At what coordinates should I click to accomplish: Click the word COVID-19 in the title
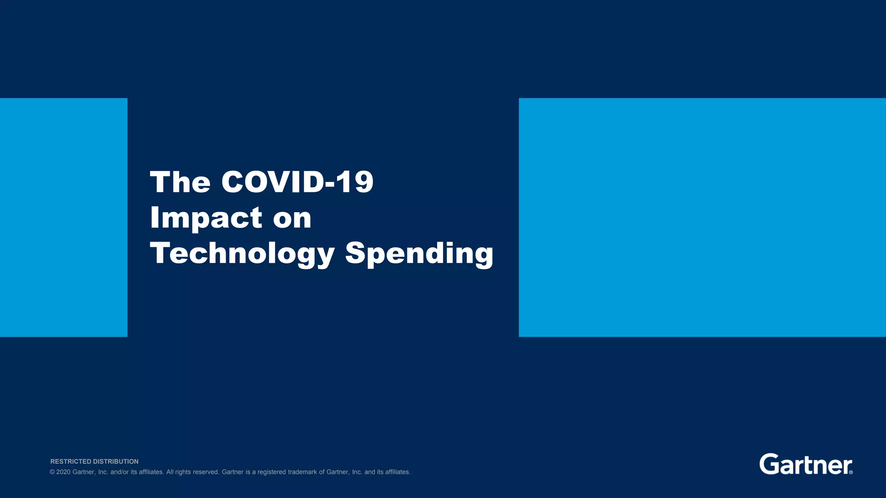(297, 182)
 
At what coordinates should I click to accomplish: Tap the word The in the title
(180, 182)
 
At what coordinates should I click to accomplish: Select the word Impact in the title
(206, 217)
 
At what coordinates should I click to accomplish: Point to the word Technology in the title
(242, 253)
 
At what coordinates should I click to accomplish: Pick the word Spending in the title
(419, 253)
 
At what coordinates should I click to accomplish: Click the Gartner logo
(805, 464)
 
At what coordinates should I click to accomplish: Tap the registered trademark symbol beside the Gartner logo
(851, 472)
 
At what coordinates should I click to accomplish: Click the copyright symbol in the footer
(52, 472)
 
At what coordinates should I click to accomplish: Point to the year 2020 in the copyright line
(63, 472)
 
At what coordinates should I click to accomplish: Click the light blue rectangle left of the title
(64, 217)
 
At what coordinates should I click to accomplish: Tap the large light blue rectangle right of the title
(702, 217)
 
